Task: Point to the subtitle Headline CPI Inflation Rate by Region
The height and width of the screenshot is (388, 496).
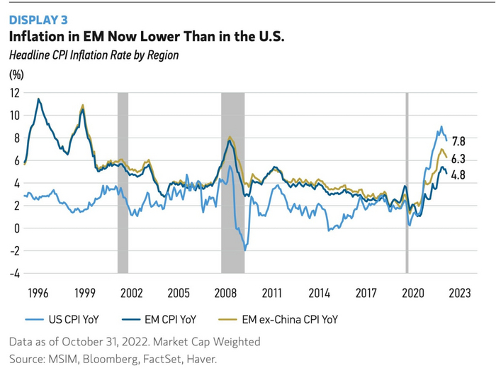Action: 93,55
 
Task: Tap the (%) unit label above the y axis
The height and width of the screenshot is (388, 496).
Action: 16,74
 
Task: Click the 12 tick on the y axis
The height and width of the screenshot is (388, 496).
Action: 14,92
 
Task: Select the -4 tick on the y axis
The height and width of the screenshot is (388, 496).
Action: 14,273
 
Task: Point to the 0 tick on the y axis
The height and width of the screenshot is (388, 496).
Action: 16,228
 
